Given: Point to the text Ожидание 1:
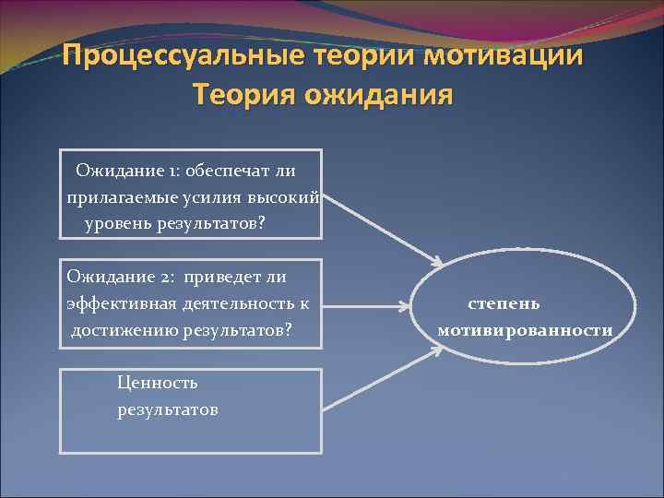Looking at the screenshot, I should [128, 171].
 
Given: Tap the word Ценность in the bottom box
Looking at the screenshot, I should [158, 383].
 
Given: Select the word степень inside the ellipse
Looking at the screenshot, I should [504, 303].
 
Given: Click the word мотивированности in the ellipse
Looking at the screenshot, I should [525, 330].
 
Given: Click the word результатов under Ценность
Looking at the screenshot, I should [167, 409].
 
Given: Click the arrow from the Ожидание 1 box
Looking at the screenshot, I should [382, 231].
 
